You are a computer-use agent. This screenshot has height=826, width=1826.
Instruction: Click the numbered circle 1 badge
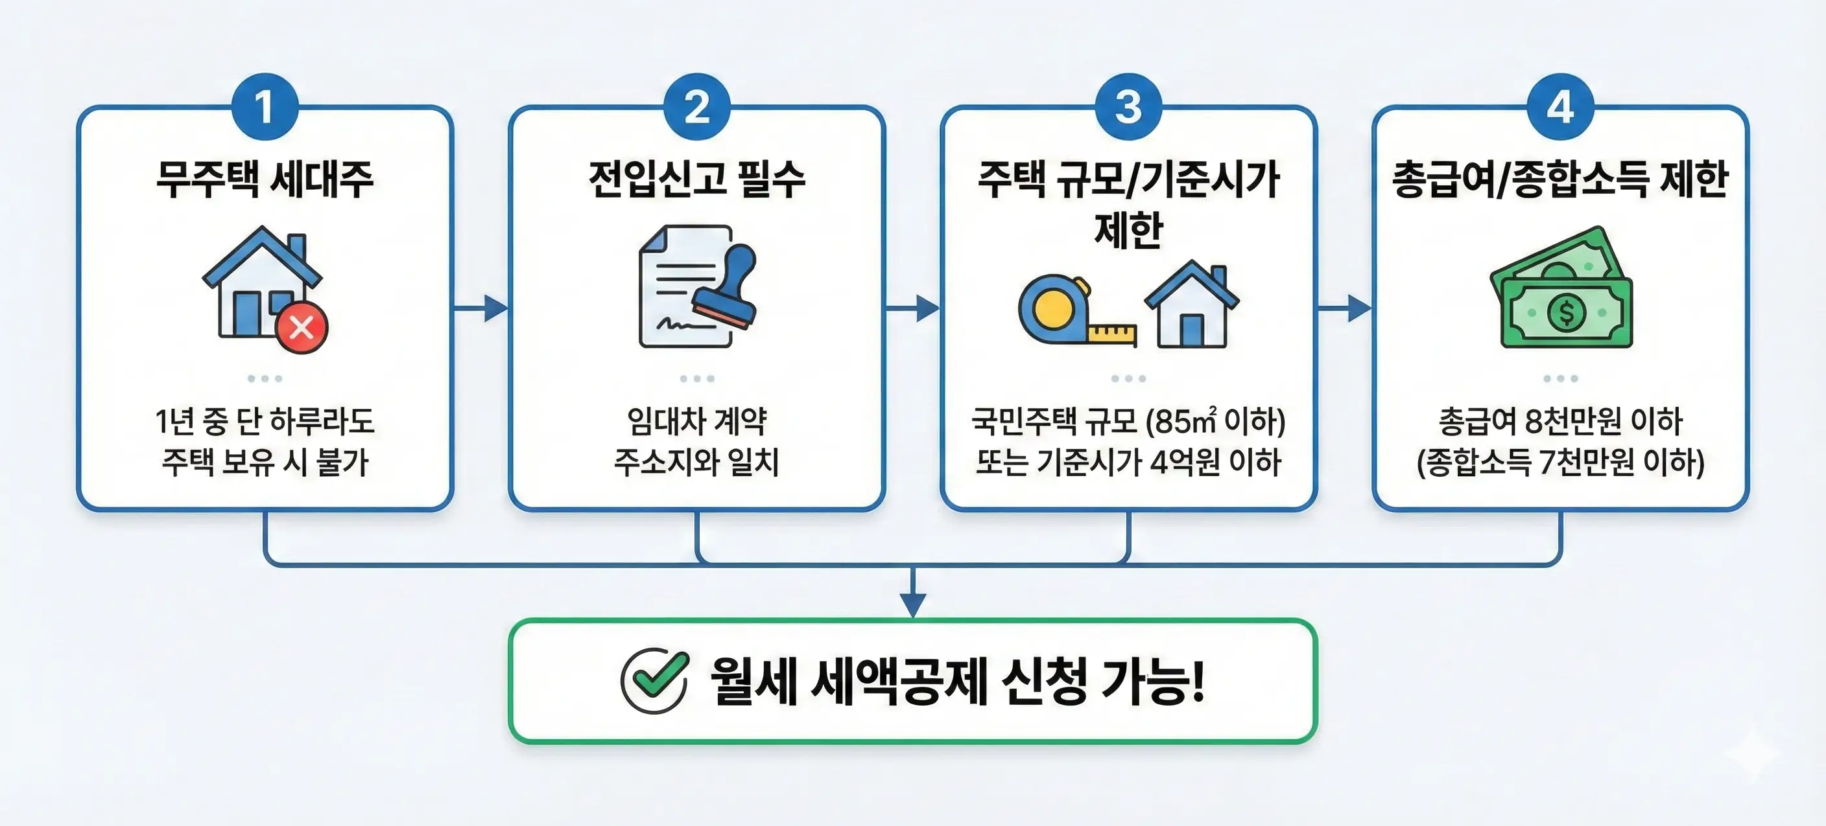click(265, 107)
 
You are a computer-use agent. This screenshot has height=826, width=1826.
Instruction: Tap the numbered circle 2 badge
click(697, 107)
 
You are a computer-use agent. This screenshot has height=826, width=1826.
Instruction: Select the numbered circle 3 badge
click(1128, 107)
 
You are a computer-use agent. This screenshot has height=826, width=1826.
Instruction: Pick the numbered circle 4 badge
click(1560, 107)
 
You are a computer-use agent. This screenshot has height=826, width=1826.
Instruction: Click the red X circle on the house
click(302, 327)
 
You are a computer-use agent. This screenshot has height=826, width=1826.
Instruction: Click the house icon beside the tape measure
click(1192, 306)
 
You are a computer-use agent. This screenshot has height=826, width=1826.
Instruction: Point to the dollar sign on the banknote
click(1567, 312)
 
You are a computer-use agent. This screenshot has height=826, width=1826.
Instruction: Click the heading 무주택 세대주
click(265, 179)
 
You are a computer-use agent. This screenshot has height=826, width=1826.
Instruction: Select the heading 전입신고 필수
click(697, 179)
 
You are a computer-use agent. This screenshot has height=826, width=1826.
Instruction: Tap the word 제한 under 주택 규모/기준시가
click(1128, 229)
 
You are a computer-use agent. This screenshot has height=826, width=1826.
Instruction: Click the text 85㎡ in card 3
click(1187, 422)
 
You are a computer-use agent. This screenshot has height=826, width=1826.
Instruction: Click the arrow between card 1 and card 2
click(482, 308)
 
